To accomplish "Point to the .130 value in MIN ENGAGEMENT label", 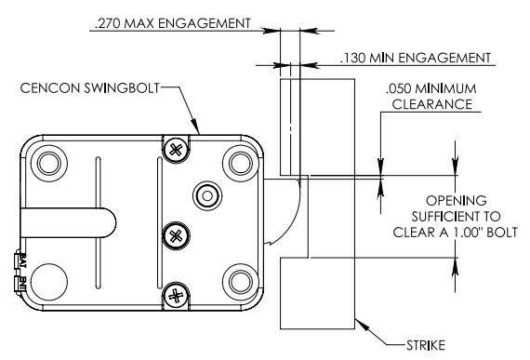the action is pos(353,58).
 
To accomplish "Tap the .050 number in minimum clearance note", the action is pos(399,88).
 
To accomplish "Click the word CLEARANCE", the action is pos(432,104).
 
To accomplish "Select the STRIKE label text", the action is pos(426,345).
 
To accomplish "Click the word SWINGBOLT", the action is pos(122,87).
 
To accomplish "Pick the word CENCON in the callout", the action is pos(50,87).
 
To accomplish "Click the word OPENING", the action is pos(456,200).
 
